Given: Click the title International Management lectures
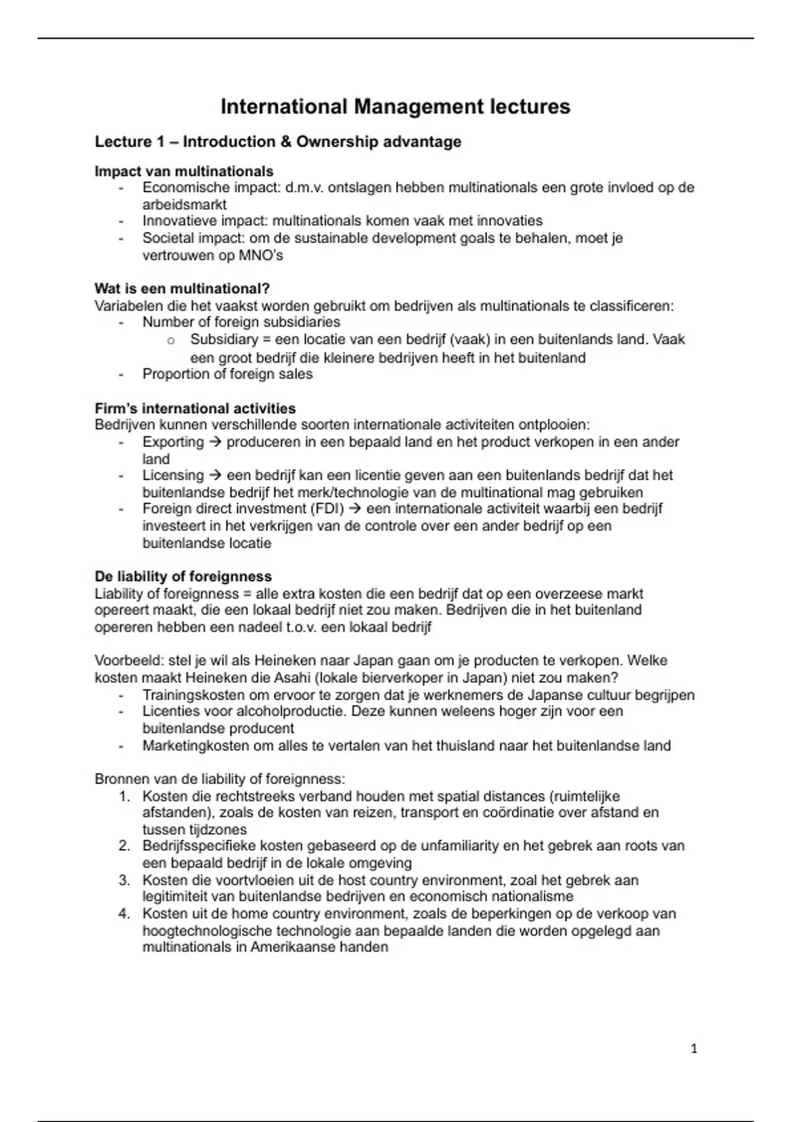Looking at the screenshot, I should [x=395, y=107].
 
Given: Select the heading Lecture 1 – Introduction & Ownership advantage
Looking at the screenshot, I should [x=278, y=142].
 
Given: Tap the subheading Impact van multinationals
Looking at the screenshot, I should [x=183, y=172].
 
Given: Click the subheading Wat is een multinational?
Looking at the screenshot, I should [x=182, y=289].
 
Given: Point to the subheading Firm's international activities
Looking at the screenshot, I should [x=195, y=409].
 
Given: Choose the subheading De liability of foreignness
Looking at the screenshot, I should [x=183, y=577].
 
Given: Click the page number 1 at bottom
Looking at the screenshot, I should [x=694, y=1049].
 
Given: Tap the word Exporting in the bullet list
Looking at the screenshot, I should [x=173, y=442].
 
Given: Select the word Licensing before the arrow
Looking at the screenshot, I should [x=173, y=475].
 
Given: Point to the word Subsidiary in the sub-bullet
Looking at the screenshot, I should [x=214, y=340].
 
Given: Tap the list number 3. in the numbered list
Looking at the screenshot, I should [x=125, y=880].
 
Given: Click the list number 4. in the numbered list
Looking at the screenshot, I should [x=125, y=914].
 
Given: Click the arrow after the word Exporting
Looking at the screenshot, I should [x=215, y=442].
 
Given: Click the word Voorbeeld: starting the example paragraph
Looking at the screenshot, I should [x=129, y=661].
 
